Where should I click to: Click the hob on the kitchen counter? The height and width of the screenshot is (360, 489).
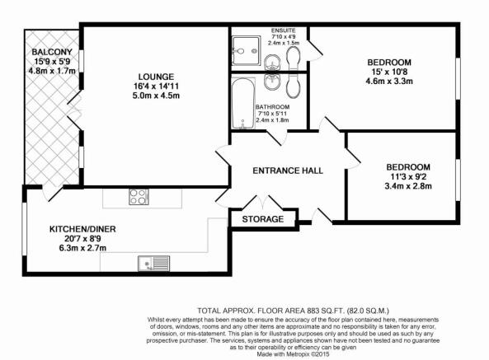pyautogui.click(x=139, y=197)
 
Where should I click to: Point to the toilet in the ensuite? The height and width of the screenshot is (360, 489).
pyautogui.click(x=294, y=56)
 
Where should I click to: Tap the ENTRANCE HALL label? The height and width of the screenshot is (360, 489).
pyautogui.click(x=287, y=171)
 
